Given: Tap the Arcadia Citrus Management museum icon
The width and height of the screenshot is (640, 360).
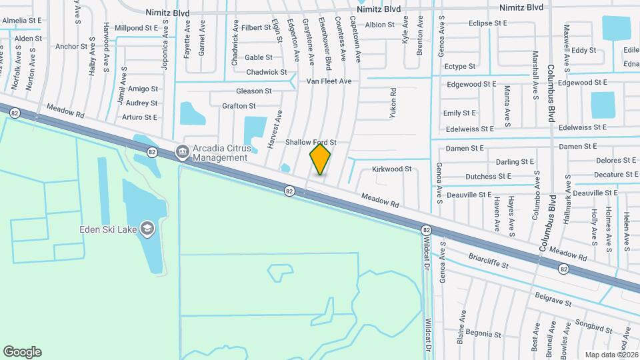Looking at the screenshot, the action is pos(181,153).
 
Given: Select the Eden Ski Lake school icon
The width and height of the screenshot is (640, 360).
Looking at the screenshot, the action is pos(147,229).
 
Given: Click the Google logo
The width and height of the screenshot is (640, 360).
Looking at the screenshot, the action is pos(22,352).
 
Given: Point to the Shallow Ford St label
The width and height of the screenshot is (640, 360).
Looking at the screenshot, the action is pos(311,143).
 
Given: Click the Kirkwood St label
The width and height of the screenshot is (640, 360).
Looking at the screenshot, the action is pos(392,169).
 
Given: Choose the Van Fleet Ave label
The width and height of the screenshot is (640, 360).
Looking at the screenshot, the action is pos(329,81).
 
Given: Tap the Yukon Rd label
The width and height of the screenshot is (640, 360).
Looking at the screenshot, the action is pos(393,103).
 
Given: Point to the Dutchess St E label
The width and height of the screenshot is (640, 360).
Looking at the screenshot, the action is pos(489,177).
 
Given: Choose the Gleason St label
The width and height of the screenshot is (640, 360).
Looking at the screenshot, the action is pos(254,91).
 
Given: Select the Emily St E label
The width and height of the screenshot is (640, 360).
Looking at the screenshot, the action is pos(460,113).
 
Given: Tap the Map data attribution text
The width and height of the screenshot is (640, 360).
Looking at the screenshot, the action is pos(611,354).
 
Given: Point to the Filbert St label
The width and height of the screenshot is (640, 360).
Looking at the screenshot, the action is pos(257,28).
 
